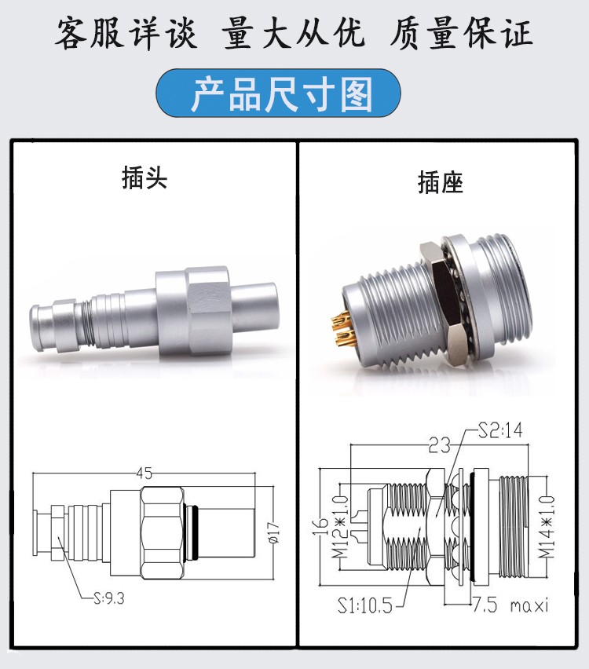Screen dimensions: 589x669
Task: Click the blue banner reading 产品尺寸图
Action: [x=278, y=93]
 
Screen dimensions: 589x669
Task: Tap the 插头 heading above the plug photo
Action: [x=145, y=177]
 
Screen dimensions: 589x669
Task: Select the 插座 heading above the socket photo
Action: [x=440, y=182]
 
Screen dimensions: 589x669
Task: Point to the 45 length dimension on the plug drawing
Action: [x=145, y=473]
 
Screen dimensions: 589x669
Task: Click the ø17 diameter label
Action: [x=274, y=532]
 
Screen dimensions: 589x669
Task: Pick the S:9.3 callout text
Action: [x=109, y=598]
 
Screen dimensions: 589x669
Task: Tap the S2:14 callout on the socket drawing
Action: [x=500, y=430]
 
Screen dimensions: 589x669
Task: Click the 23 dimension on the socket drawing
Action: [x=440, y=446]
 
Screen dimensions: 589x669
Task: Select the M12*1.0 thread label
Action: [x=341, y=527]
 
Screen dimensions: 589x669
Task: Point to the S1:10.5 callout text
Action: [x=365, y=605]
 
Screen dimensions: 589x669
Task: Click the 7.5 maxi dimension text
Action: [x=510, y=605]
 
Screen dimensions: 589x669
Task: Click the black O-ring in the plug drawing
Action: [x=193, y=532]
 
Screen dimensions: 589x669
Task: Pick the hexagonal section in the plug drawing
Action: [x=163, y=532]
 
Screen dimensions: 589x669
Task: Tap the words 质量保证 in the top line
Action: [x=461, y=33]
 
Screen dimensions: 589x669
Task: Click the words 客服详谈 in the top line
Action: [x=126, y=33]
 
